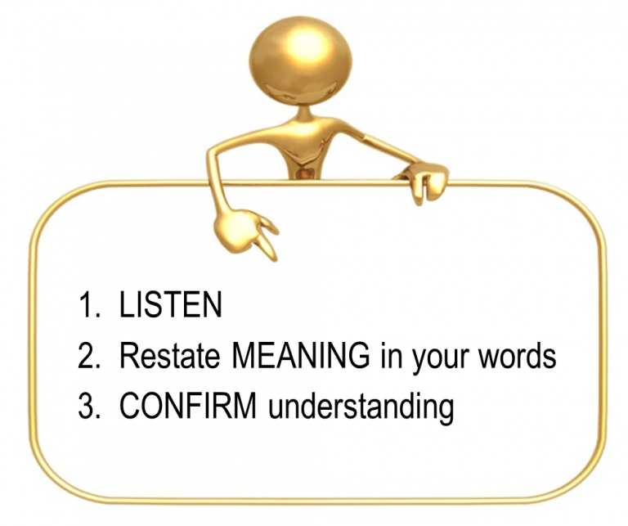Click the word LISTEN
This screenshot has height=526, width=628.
click(170, 307)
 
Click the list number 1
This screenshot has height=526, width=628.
click(87, 307)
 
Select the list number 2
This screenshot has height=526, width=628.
click(87, 356)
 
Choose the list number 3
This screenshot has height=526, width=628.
click(87, 406)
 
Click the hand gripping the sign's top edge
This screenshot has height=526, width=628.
click(428, 181)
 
